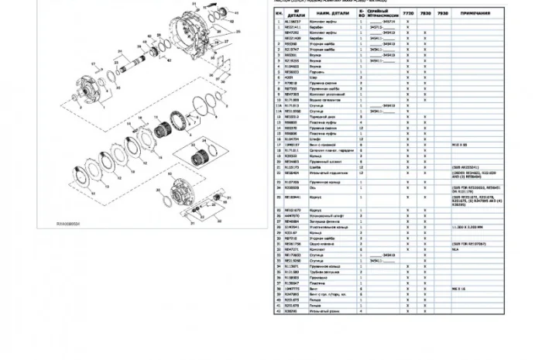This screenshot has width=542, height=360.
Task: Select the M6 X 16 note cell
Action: (x=458, y=286)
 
